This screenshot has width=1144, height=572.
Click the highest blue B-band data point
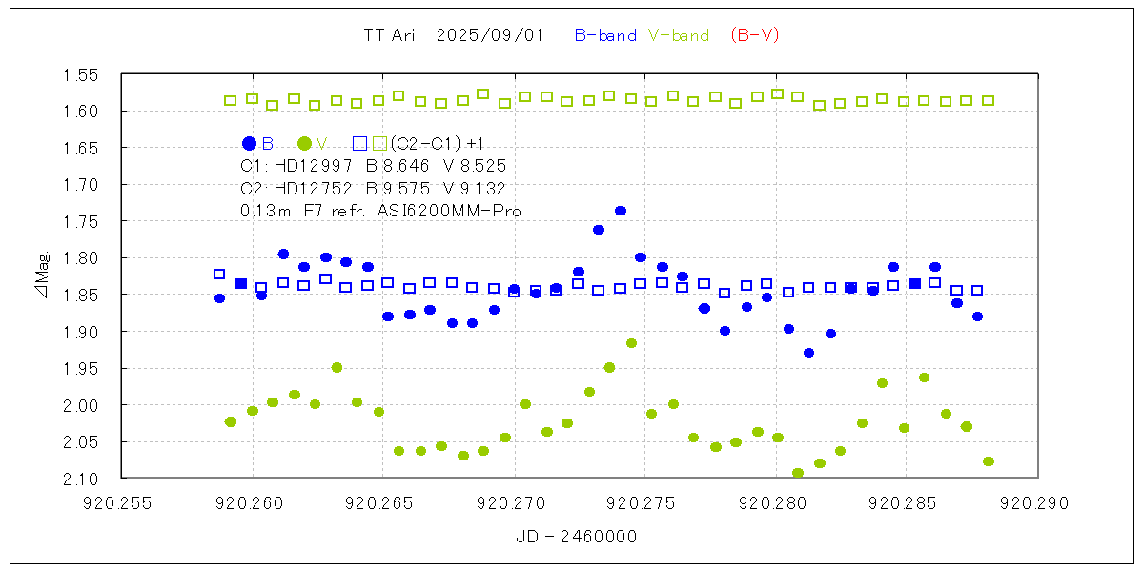[x=620, y=211]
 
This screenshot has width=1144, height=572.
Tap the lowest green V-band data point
[x=798, y=473]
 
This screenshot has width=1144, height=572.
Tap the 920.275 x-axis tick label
[x=644, y=500]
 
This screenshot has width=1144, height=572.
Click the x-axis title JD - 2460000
[x=579, y=537]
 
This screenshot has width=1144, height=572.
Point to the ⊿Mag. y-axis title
[x=42, y=276]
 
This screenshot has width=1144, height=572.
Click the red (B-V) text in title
[x=755, y=35]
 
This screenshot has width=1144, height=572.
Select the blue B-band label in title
[x=605, y=35]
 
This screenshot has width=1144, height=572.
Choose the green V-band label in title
[x=679, y=35]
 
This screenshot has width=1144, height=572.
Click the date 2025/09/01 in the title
[x=489, y=35]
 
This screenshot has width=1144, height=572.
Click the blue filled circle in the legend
[x=250, y=143]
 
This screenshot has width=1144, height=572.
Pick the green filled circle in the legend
[x=304, y=143]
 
